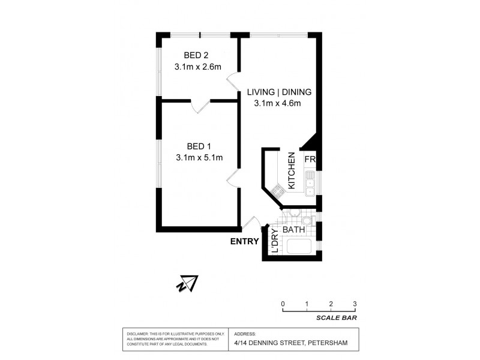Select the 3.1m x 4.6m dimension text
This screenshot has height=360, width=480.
(280, 103)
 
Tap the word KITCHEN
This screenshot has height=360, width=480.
(291, 171)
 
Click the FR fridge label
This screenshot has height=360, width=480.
(310, 160)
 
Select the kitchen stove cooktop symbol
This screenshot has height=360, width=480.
(278, 191)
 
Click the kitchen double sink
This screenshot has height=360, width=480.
(310, 183)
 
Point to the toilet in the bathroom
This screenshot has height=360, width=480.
(295, 214)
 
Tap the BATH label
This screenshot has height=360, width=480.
(294, 230)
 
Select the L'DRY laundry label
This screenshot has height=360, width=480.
(275, 241)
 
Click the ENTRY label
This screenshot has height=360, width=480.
(244, 242)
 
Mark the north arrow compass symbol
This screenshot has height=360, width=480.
(189, 282)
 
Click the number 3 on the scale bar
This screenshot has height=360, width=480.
(355, 303)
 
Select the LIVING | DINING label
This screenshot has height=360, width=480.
(280, 92)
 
